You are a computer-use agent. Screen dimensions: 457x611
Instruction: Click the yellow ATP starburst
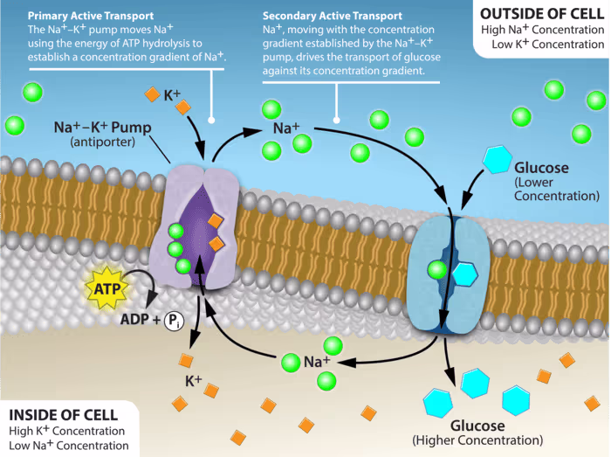[x=106, y=289]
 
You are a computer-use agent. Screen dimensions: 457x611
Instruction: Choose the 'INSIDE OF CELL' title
[x=59, y=414]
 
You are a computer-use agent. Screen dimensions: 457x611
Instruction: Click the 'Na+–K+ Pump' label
[x=102, y=128]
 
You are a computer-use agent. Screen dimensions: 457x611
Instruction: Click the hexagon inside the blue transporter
[x=463, y=273]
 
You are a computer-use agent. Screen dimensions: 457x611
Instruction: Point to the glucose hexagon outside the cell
[x=498, y=160]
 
